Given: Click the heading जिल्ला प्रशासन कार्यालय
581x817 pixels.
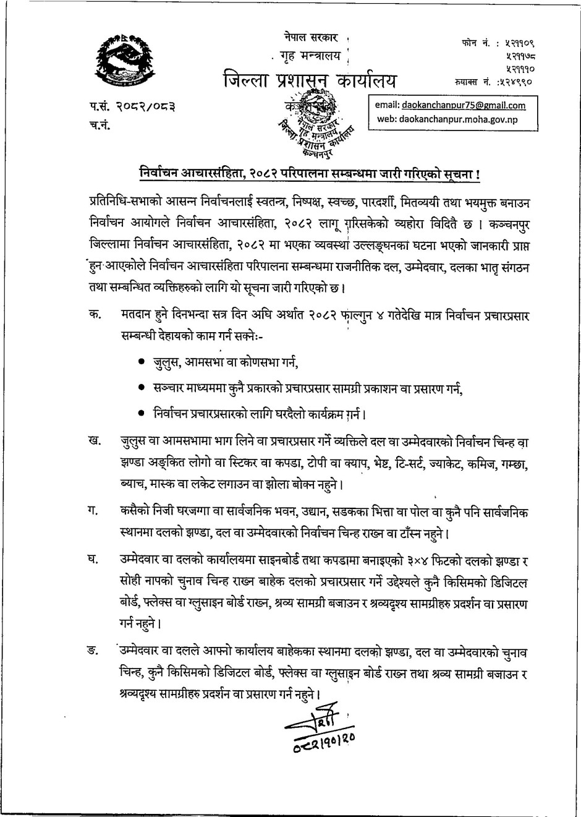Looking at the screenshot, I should [311, 81].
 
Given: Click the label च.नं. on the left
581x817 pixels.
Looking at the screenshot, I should [100, 127].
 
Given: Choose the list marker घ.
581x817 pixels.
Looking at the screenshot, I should [94, 560].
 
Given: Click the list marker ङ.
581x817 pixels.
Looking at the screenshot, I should [94, 651].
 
